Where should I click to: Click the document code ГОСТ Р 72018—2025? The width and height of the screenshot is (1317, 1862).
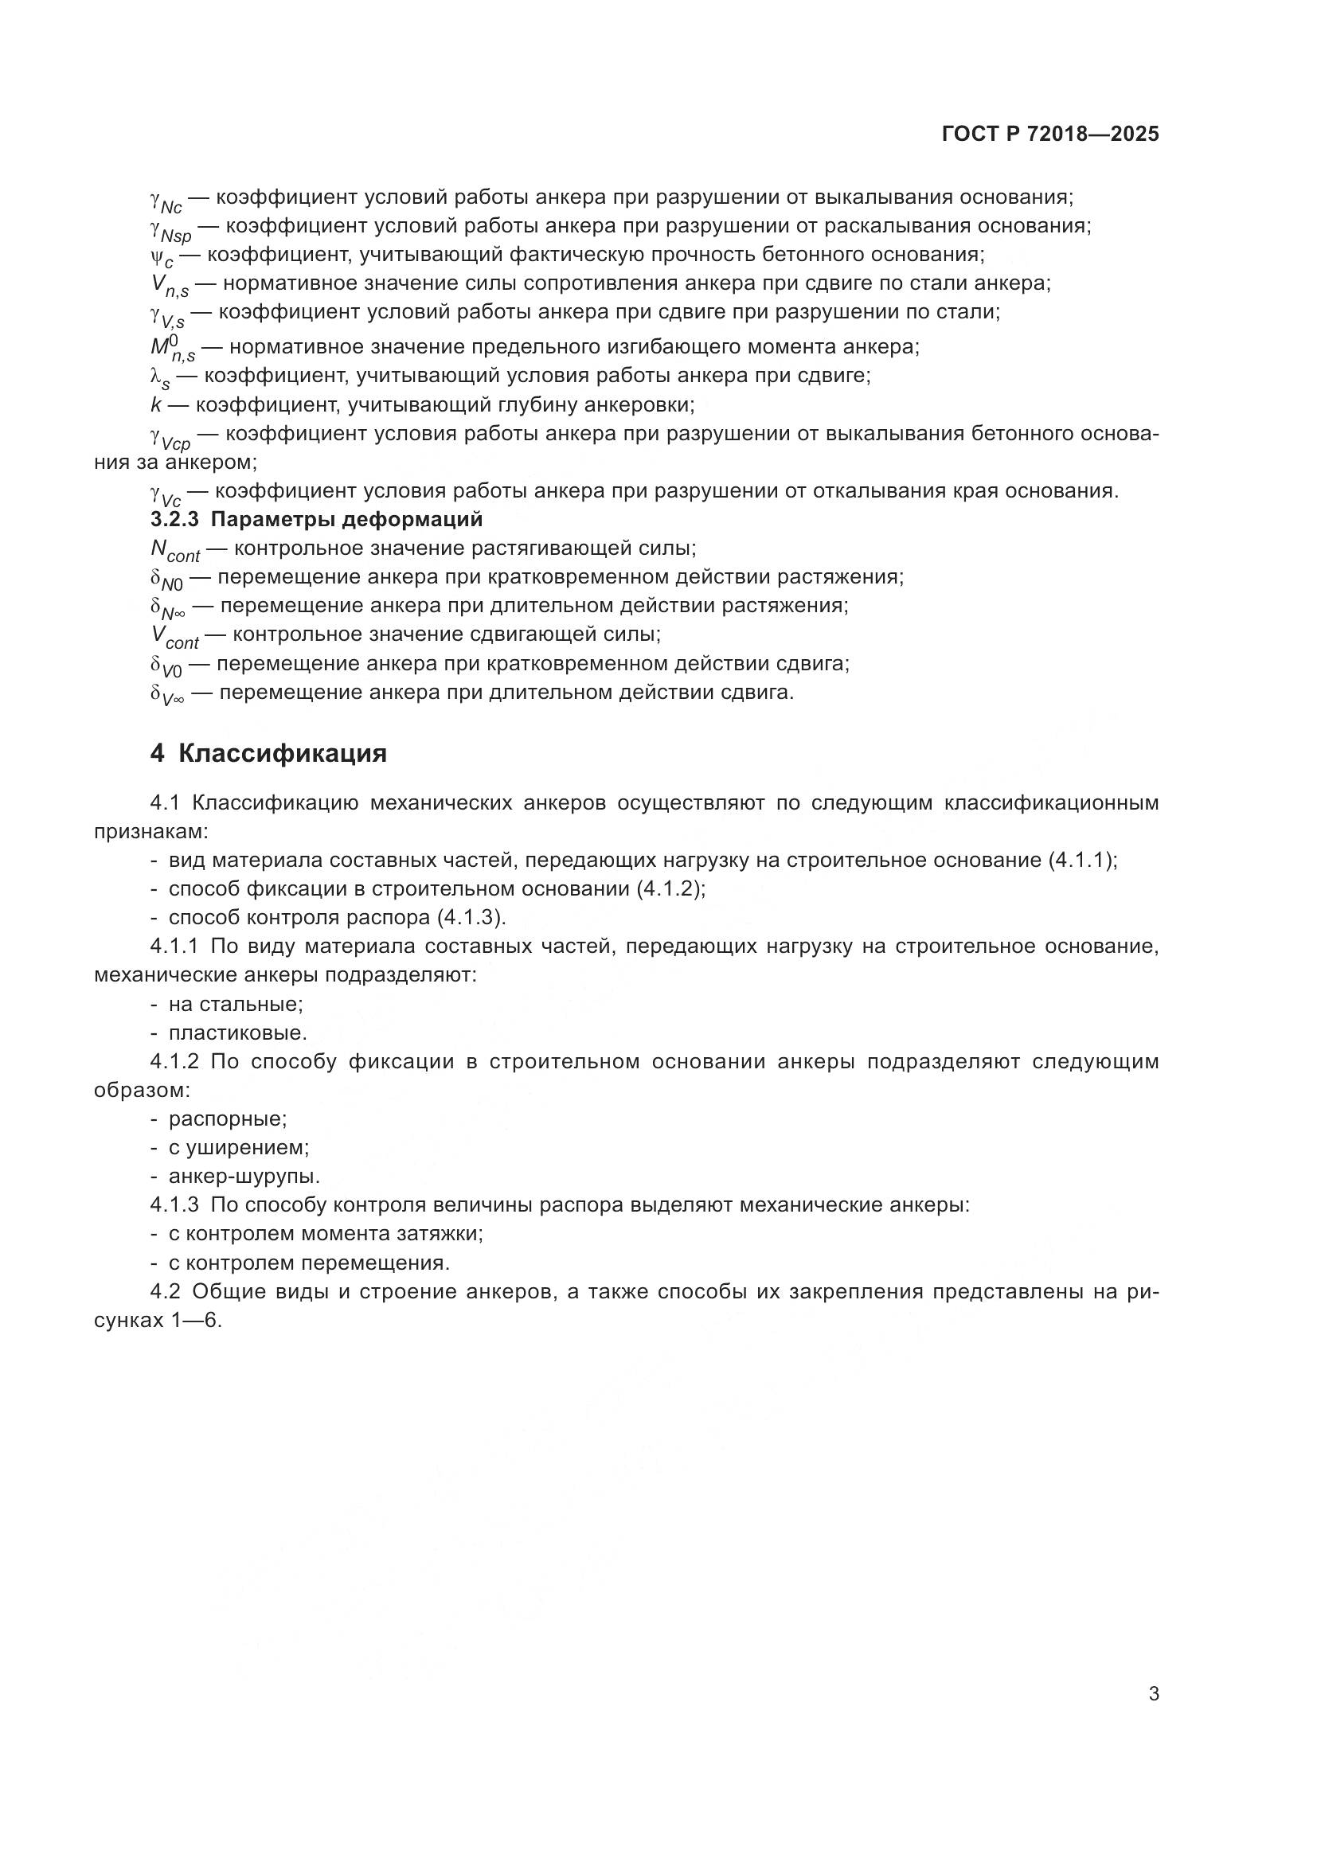1050,135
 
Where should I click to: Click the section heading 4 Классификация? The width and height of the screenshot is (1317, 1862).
268,753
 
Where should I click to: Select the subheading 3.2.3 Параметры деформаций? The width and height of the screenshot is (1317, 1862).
316,519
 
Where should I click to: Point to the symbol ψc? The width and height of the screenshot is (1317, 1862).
162,257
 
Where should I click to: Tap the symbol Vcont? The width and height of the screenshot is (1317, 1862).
174,636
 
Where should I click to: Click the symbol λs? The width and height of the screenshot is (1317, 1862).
160,378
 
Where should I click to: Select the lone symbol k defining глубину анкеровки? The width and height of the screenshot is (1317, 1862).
156,404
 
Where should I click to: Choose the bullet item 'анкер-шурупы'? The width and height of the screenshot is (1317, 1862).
244,1176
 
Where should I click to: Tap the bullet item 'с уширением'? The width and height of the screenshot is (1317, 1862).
238,1148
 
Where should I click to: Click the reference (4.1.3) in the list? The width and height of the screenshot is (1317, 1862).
471,917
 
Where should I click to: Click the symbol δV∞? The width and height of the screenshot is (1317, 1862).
166,694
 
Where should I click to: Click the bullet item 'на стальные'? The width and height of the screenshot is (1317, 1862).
235,1004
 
